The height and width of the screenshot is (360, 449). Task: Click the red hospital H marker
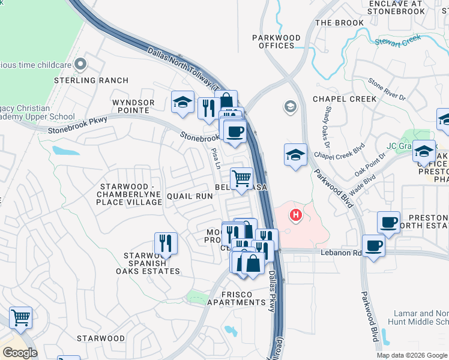295,214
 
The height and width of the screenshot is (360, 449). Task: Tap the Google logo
20,353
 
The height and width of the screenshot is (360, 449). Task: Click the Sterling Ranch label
91,80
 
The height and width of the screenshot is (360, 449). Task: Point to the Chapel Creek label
345,99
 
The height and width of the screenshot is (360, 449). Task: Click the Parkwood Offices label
276,41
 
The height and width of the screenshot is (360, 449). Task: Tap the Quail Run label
190,196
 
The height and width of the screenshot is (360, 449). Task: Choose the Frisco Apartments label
232,298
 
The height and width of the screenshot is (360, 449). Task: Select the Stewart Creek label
398,41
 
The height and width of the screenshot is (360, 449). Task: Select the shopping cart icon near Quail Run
241,179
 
